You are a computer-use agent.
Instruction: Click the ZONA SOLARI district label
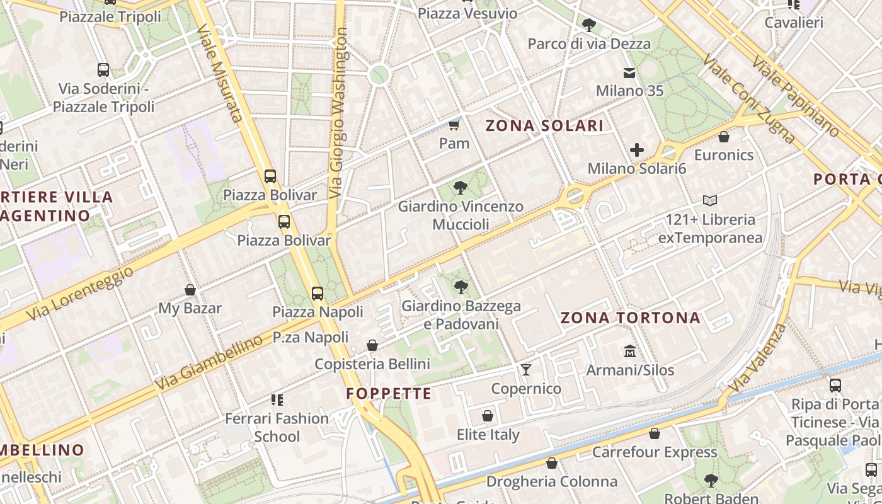point(544,125)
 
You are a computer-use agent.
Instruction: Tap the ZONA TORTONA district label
point(630,318)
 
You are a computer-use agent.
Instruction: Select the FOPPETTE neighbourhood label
point(389,394)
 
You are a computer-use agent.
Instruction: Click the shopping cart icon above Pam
point(454,124)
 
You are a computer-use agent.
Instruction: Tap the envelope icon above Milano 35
point(629,73)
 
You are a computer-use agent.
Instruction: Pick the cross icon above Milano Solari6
point(637,150)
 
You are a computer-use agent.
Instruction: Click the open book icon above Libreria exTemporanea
point(710,201)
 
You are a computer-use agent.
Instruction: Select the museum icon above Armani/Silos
point(629,351)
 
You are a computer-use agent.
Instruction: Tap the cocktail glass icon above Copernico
point(526,369)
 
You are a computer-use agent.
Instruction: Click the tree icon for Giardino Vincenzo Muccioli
point(461,187)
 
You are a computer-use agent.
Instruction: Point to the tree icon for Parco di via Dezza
point(589,25)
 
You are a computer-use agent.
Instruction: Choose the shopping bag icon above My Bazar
point(190,290)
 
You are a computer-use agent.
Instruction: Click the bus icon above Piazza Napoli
point(318,293)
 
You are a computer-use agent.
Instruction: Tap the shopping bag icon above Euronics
point(724,136)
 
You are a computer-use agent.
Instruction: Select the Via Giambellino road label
point(209,362)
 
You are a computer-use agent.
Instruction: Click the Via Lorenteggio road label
point(81,293)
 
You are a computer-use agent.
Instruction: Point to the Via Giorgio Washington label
point(340,113)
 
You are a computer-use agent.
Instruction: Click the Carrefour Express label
point(655,452)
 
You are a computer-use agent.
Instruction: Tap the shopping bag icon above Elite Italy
point(488,416)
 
